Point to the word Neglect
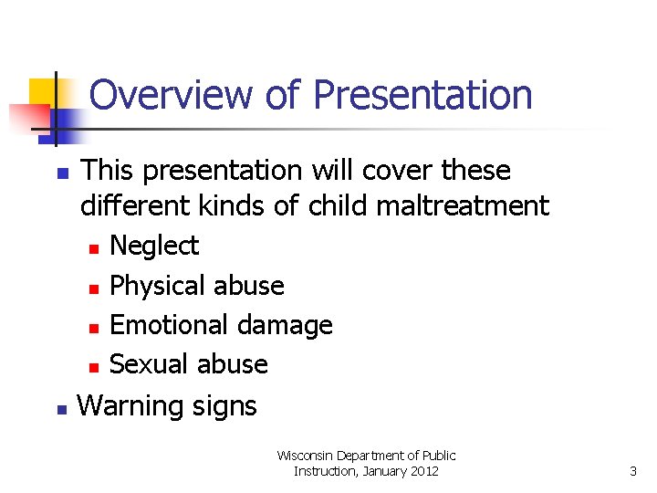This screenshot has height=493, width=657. point(153,246)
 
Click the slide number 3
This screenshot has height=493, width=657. point(633,471)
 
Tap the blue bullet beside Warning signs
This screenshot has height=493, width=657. point(60,408)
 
